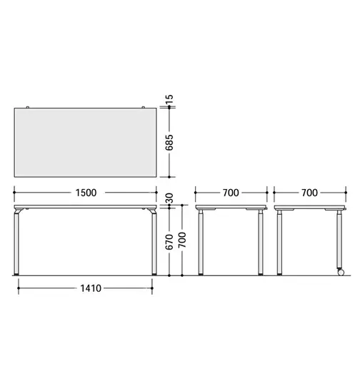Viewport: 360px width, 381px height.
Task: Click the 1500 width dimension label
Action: [86, 193]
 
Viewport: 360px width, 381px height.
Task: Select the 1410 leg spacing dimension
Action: [91, 288]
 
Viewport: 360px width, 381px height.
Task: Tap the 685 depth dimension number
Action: [169, 142]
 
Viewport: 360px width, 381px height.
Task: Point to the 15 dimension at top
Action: [169, 99]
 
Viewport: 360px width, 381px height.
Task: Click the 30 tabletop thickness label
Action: [169, 198]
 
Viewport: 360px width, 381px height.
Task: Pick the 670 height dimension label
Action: [169, 242]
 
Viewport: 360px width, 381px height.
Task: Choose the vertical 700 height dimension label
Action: [182, 240]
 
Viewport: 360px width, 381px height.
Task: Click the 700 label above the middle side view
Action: [231, 193]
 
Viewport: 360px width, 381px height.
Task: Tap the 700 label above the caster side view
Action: [310, 193]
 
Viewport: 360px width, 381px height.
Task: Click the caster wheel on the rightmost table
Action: [341, 273]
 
